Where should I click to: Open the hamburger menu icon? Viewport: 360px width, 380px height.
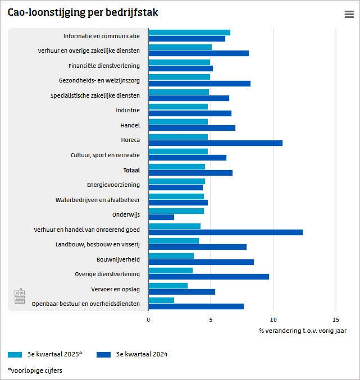click(349, 15)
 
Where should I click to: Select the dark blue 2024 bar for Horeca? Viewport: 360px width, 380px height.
click(215, 143)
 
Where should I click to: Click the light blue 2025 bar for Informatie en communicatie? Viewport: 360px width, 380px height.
click(189, 33)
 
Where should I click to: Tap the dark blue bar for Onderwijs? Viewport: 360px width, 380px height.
click(161, 217)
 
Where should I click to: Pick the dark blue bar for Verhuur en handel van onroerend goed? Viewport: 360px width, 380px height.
click(225, 232)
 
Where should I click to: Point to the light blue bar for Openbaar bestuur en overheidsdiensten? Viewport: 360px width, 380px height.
click(161, 300)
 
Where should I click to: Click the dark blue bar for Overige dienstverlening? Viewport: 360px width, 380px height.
click(208, 277)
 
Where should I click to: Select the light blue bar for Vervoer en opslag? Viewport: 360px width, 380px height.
click(168, 286)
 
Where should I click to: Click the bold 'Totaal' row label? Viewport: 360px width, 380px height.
click(131, 170)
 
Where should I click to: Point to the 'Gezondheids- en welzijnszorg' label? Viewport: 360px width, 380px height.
click(99, 81)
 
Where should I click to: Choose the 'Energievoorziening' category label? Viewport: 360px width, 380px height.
click(113, 185)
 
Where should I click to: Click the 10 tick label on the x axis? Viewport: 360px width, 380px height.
click(273, 319)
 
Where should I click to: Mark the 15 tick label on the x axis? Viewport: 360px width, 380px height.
click(335, 319)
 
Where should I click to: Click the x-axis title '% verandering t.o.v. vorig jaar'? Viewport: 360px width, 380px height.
click(303, 331)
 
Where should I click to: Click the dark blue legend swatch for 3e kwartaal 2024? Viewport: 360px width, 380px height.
click(104, 355)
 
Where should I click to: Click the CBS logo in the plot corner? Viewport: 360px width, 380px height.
click(20, 297)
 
